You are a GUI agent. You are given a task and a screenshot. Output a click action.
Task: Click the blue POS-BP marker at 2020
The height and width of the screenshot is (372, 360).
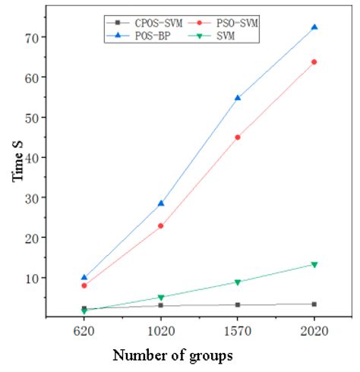(x=314, y=27)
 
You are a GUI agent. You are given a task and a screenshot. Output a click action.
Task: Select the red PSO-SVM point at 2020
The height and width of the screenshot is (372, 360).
(x=314, y=61)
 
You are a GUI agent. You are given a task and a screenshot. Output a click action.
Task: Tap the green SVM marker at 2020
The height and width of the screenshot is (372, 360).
(x=314, y=264)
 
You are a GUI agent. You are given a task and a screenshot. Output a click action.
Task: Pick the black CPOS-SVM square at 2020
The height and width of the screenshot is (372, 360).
(x=314, y=304)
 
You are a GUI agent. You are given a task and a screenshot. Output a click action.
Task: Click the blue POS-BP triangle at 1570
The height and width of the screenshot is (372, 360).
(x=238, y=98)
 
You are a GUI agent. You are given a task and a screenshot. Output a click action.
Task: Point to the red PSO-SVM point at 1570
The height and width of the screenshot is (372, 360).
(x=238, y=137)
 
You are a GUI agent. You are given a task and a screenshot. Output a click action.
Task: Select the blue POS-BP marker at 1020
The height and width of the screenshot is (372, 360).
(x=160, y=203)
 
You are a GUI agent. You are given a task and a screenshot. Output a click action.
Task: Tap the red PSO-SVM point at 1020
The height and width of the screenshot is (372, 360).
(x=160, y=225)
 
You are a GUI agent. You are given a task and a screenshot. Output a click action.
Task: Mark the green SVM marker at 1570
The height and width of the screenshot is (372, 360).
(x=238, y=282)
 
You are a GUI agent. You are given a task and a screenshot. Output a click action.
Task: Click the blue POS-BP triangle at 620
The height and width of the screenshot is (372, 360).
(x=84, y=278)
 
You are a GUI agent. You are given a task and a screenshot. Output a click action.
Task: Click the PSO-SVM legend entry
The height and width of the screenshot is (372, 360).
(x=229, y=25)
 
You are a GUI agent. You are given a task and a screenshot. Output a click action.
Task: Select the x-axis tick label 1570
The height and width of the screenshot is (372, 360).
(x=238, y=332)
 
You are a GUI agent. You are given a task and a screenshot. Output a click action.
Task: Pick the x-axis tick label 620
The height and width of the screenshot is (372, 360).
(x=84, y=332)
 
